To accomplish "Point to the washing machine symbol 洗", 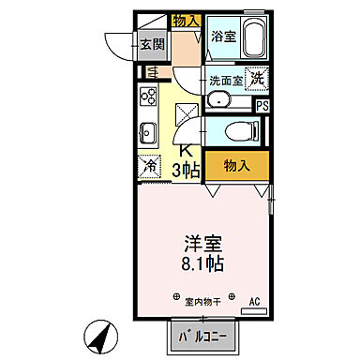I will [256, 80].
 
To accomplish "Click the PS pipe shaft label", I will [262, 106].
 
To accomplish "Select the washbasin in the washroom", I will [220, 101].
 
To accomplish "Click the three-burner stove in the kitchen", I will [148, 96].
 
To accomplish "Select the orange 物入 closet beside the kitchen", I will [235, 165].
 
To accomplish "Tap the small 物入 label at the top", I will [186, 20].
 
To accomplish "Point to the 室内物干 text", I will [202, 302].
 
